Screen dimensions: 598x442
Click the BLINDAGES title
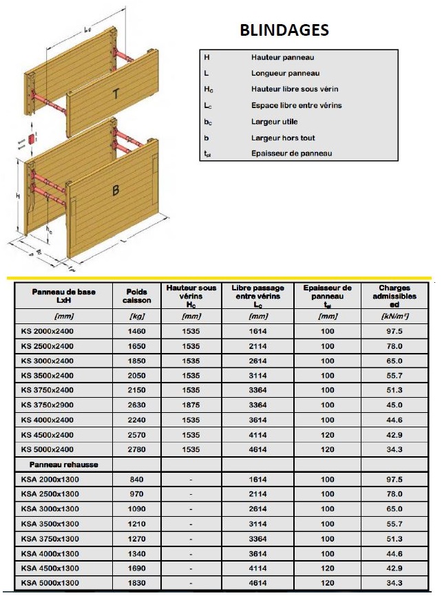click(284, 31)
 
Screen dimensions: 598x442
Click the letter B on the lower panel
click(116, 191)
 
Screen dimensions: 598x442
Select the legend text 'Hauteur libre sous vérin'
click(295, 89)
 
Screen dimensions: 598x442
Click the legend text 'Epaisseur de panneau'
click(291, 153)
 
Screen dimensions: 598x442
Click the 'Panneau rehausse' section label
click(55, 464)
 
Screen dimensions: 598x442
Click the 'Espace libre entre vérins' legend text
click(297, 105)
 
